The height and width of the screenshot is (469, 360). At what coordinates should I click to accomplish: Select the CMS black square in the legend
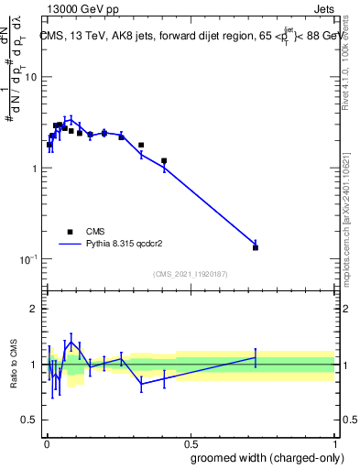tap(71, 232)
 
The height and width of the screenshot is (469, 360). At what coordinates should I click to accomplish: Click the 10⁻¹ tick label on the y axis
tap(28, 259)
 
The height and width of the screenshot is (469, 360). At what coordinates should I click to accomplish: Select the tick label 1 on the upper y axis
tap(34, 169)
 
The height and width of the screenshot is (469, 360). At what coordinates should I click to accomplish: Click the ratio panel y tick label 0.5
tap(28, 420)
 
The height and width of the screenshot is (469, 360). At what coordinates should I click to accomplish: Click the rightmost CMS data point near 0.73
tap(256, 247)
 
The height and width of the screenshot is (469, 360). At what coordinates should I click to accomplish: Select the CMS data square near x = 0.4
tap(164, 161)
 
